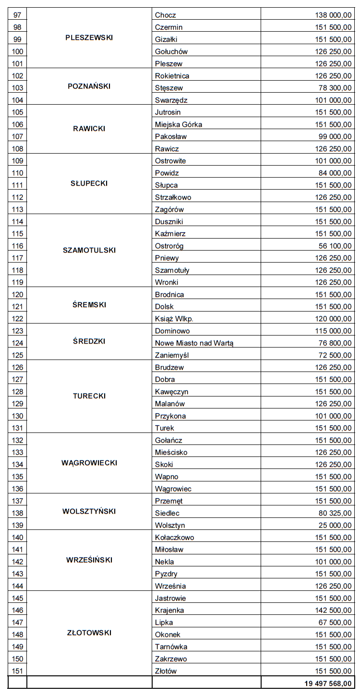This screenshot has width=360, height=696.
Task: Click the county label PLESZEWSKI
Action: tap(89, 38)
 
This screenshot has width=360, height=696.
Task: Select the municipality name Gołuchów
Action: tap(171, 51)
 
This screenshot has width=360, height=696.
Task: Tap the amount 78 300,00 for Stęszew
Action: tap(335, 88)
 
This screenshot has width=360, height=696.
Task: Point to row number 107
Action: tap(17, 136)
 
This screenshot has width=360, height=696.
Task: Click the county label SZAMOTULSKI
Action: tap(89, 250)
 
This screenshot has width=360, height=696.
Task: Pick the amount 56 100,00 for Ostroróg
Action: tap(335, 246)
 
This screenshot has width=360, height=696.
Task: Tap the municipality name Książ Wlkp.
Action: tap(174, 319)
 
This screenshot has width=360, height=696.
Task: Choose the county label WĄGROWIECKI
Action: tap(89, 463)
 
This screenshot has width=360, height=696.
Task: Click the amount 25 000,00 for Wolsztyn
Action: tap(335, 525)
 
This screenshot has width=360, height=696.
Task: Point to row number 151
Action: tap(17, 671)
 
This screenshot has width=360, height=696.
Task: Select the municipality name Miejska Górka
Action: tap(179, 124)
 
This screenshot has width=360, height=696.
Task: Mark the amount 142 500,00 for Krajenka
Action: tap(333, 610)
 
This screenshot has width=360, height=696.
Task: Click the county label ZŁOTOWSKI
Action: tap(89, 633)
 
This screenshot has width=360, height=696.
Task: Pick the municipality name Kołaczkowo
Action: tap(175, 538)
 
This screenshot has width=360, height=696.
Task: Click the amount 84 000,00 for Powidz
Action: tap(335, 173)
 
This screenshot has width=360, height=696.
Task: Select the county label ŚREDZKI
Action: tap(89, 341)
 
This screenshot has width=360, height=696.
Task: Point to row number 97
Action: tap(17, 15)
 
